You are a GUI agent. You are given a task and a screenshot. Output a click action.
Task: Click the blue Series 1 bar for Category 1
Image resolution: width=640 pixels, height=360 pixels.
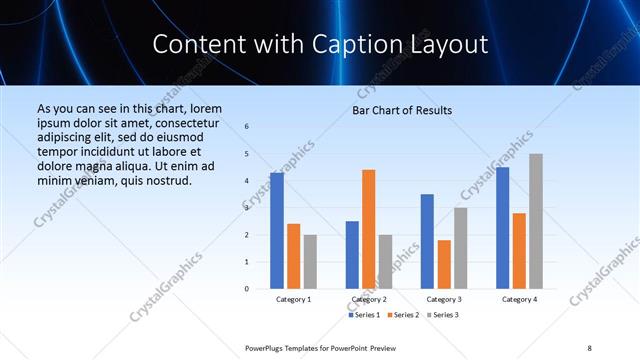point(276,231)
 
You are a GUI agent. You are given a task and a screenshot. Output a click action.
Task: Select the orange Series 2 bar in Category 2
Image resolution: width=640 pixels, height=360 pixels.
point(368,229)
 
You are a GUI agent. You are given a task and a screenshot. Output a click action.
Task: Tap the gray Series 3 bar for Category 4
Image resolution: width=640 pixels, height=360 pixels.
point(536,221)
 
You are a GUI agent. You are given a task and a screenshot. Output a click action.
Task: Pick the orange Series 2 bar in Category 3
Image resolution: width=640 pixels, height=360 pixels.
point(444,264)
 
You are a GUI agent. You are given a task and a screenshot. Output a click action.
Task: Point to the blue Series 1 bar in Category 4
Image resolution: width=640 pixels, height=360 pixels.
point(502,228)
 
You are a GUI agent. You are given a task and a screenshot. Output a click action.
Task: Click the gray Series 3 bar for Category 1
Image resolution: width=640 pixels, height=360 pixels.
point(310,262)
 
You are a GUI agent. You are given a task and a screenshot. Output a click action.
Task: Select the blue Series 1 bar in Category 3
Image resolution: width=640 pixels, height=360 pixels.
point(427,241)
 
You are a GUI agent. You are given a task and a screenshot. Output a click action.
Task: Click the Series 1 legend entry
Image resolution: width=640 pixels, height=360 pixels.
point(364,315)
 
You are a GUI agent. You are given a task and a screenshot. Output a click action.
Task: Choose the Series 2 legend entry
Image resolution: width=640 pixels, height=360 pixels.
point(403,315)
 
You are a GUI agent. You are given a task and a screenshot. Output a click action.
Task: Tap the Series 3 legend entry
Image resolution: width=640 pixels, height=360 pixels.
point(443,315)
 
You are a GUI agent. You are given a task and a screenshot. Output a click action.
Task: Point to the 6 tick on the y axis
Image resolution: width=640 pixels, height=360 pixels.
point(247,127)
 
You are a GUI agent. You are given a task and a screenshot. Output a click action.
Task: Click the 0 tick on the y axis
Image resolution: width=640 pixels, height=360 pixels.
point(247,289)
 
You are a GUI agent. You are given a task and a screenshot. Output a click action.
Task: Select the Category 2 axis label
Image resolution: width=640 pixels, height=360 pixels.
point(369,299)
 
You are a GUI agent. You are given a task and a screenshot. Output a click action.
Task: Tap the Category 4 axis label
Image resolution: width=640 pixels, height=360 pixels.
point(519,299)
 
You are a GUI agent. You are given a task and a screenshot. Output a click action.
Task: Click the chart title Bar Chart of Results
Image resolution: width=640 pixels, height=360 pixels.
point(402,110)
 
